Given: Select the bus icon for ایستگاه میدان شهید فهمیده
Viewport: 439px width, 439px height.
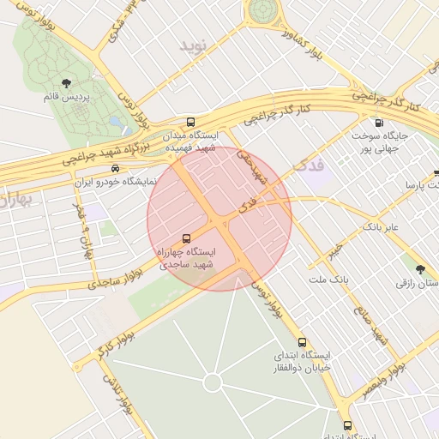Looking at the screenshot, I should tap(189, 123).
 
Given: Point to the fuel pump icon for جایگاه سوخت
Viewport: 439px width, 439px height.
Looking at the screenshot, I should tap(380, 123).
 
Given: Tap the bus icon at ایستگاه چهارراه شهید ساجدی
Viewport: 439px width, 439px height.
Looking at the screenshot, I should tap(186, 238).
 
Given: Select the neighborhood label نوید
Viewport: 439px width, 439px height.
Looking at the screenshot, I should tap(194, 45).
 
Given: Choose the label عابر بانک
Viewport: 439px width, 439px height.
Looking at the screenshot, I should tap(381, 227).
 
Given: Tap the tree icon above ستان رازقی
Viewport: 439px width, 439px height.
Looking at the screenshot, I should tap(419, 268).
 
